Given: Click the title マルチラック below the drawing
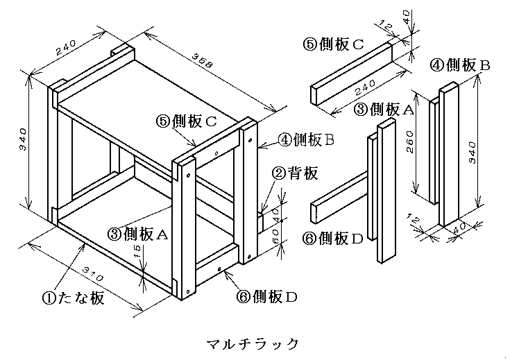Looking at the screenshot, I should coord(253,343).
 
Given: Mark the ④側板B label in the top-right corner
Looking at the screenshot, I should coord(460,65).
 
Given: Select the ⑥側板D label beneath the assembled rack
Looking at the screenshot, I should coord(266,297).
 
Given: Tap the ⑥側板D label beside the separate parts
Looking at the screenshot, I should coord(334,239).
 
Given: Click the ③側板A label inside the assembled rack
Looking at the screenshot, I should coord(138,234).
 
